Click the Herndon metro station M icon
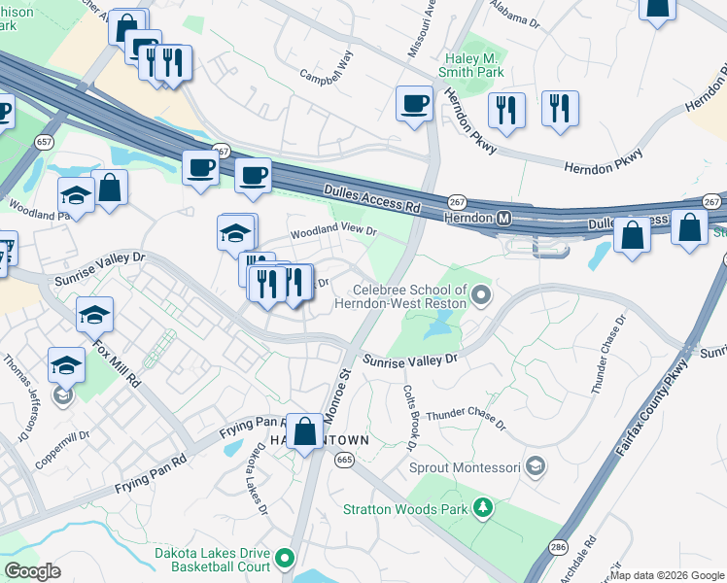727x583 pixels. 504,218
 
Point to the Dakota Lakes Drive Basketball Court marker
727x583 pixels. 285,558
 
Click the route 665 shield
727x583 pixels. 343,460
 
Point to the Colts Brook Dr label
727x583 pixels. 409,415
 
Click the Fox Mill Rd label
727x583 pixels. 117,361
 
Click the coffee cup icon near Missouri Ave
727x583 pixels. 414,102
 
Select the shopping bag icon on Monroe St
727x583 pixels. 305,430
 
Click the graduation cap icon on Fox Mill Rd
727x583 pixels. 94,315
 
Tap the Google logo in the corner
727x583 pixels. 32,570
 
